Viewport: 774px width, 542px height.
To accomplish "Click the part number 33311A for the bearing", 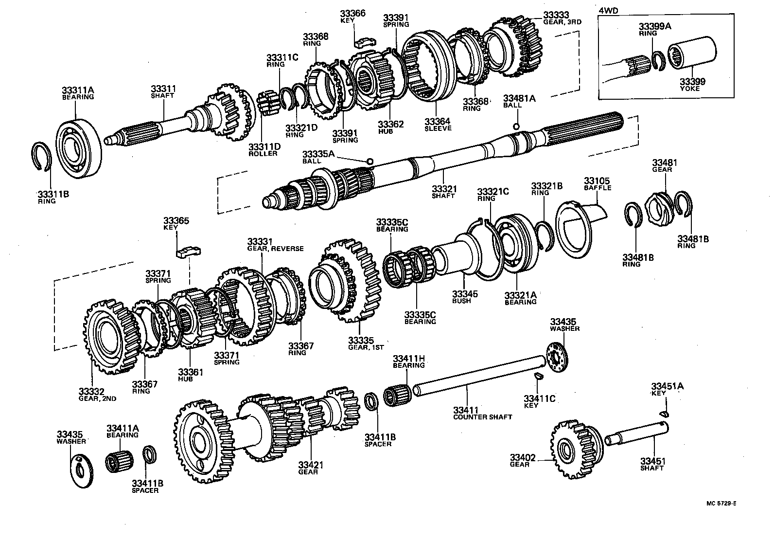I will [x=78, y=90].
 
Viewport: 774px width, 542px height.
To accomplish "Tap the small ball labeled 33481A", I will [x=516, y=126].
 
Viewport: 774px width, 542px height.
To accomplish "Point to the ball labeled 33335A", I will [x=370, y=161].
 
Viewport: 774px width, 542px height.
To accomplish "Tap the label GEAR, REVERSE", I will [x=276, y=249].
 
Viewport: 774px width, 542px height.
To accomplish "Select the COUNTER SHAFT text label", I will [x=482, y=417].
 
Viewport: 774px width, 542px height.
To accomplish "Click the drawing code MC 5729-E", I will [x=722, y=505].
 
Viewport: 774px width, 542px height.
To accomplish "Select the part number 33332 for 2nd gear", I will [x=91, y=391].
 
